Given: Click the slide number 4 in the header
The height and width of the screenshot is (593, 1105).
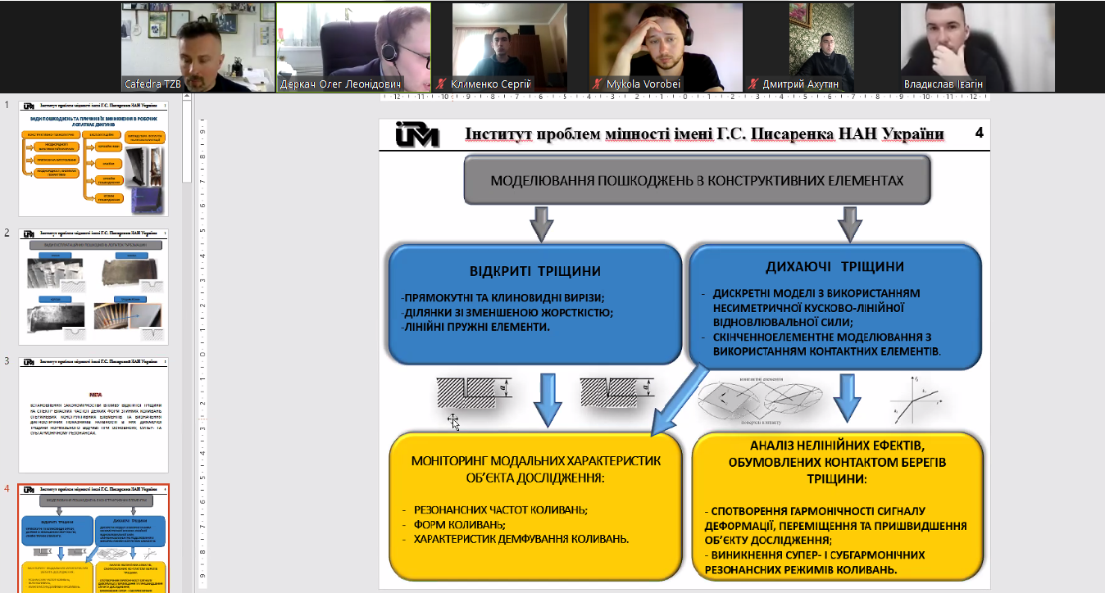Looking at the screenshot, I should point(979,133).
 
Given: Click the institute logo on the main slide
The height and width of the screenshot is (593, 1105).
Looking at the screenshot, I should point(416,136).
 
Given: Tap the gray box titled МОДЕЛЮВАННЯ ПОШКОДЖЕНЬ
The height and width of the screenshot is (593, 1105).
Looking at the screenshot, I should point(697,180).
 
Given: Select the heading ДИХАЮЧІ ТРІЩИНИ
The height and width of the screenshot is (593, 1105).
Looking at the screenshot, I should point(834,267).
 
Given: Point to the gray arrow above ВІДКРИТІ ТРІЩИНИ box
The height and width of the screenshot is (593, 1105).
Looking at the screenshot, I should point(541,224).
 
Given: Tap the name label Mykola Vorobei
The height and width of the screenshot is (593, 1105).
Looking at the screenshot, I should point(643,84).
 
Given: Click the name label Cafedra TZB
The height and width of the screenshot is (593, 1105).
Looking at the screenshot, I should point(153,84).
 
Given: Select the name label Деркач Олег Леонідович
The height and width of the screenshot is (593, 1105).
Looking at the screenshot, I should point(342,84).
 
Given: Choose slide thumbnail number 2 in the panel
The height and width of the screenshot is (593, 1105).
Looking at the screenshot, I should point(93,287).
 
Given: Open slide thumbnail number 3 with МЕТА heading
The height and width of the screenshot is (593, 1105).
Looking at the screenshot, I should point(93,414).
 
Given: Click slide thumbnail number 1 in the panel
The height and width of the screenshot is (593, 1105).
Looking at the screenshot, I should point(93,159).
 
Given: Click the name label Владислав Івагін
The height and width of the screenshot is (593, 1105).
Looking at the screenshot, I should point(943,84).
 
